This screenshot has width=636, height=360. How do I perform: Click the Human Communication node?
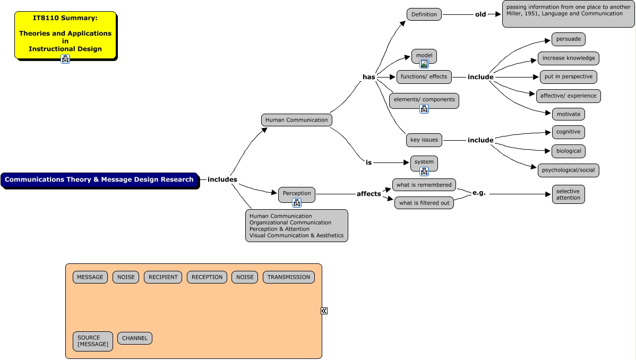(x=296, y=120)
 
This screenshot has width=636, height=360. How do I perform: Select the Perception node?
(x=296, y=193)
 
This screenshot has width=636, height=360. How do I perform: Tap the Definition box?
(x=424, y=14)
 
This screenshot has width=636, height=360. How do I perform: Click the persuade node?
(x=568, y=39)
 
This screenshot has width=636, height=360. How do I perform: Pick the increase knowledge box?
(x=569, y=58)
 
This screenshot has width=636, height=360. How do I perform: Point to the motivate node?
(x=568, y=114)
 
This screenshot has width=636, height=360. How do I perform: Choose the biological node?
(x=568, y=151)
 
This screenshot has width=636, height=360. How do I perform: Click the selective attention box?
(x=568, y=194)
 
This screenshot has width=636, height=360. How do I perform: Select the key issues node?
(x=424, y=140)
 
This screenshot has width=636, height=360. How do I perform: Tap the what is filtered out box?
(x=424, y=203)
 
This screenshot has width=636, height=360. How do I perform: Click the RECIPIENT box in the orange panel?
(x=163, y=277)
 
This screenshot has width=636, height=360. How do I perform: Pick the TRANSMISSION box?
(x=288, y=277)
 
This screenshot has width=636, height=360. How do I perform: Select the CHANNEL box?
(x=135, y=338)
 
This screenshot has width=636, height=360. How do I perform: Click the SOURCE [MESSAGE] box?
(x=93, y=341)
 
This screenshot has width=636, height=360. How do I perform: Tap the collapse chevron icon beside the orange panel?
(x=324, y=311)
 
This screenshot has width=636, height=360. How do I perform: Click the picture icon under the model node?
(x=424, y=64)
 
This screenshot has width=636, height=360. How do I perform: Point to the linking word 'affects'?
(x=368, y=194)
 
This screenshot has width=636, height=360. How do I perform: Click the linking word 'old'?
(x=480, y=14)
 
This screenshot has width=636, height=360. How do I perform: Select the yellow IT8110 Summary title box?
(x=65, y=34)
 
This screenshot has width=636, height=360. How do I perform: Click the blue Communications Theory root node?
(x=99, y=180)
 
